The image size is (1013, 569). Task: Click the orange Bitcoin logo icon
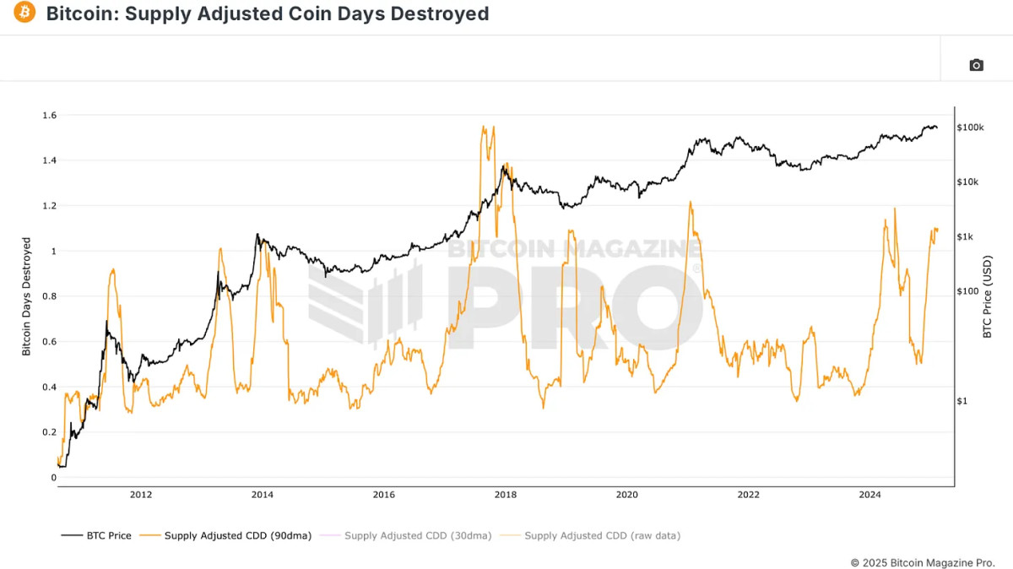pyautogui.click(x=24, y=14)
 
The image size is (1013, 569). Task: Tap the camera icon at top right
pyautogui.click(x=976, y=65)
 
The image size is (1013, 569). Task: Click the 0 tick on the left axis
pyautogui.click(x=52, y=478)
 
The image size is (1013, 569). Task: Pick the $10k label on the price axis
pyautogui.click(x=969, y=182)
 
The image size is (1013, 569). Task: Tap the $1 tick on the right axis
pyautogui.click(x=963, y=401)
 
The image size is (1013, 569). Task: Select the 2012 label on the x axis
pyautogui.click(x=141, y=496)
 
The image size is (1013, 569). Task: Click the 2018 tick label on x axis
pyautogui.click(x=505, y=496)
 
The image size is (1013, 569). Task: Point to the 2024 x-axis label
pyautogui.click(x=869, y=496)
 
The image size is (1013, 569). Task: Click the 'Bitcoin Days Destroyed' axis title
pyautogui.click(x=26, y=296)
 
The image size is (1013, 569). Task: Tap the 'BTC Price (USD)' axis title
pyautogui.click(x=987, y=296)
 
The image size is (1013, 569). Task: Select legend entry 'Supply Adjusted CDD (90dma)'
pyautogui.click(x=229, y=535)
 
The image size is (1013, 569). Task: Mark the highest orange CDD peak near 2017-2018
pyautogui.click(x=483, y=127)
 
